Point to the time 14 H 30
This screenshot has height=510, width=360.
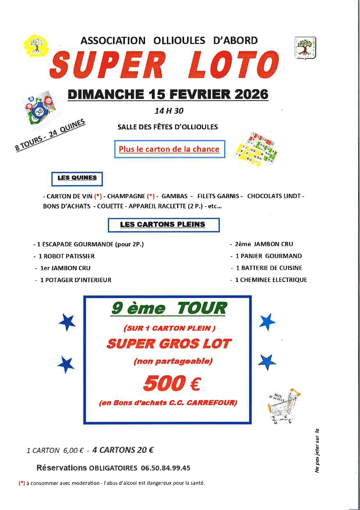click(169, 111)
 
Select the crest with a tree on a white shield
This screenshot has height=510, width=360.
click(305, 47)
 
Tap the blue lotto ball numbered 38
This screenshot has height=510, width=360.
click(39, 111)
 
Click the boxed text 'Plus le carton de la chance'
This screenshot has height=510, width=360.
click(169, 149)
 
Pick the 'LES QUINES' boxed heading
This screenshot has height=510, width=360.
click(77, 178)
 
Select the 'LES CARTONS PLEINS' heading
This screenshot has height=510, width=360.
click(163, 225)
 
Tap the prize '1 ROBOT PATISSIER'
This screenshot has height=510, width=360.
click(66, 256)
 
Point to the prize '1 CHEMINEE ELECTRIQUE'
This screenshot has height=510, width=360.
click(270, 280)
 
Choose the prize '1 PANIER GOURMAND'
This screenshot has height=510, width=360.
click(268, 256)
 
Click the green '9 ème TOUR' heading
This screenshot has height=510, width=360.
click(168, 308)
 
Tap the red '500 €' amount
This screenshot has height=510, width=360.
click(171, 384)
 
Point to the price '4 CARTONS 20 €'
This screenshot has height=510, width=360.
click(123, 450)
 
